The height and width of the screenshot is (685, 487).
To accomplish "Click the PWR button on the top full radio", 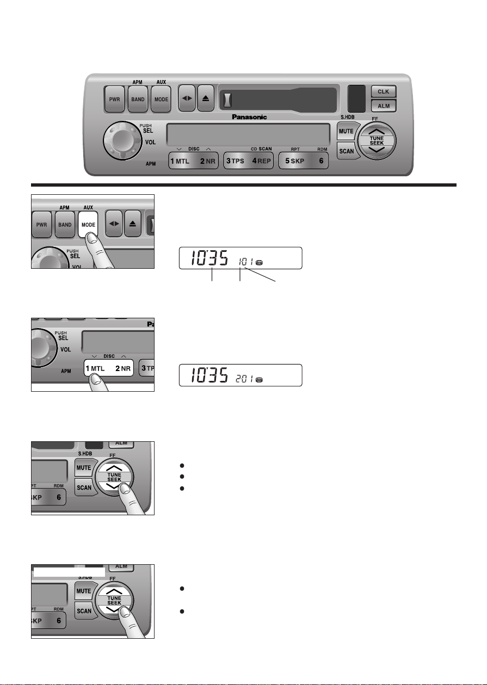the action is (115, 100).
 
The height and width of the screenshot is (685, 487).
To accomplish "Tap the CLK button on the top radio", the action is (384, 91).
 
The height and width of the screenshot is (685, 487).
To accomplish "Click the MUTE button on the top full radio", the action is (347, 132).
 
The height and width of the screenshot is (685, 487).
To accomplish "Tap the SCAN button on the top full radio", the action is (346, 151).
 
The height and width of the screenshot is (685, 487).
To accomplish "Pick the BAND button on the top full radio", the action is (138, 100).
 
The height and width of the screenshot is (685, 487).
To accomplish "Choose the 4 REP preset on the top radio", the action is (261, 162).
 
